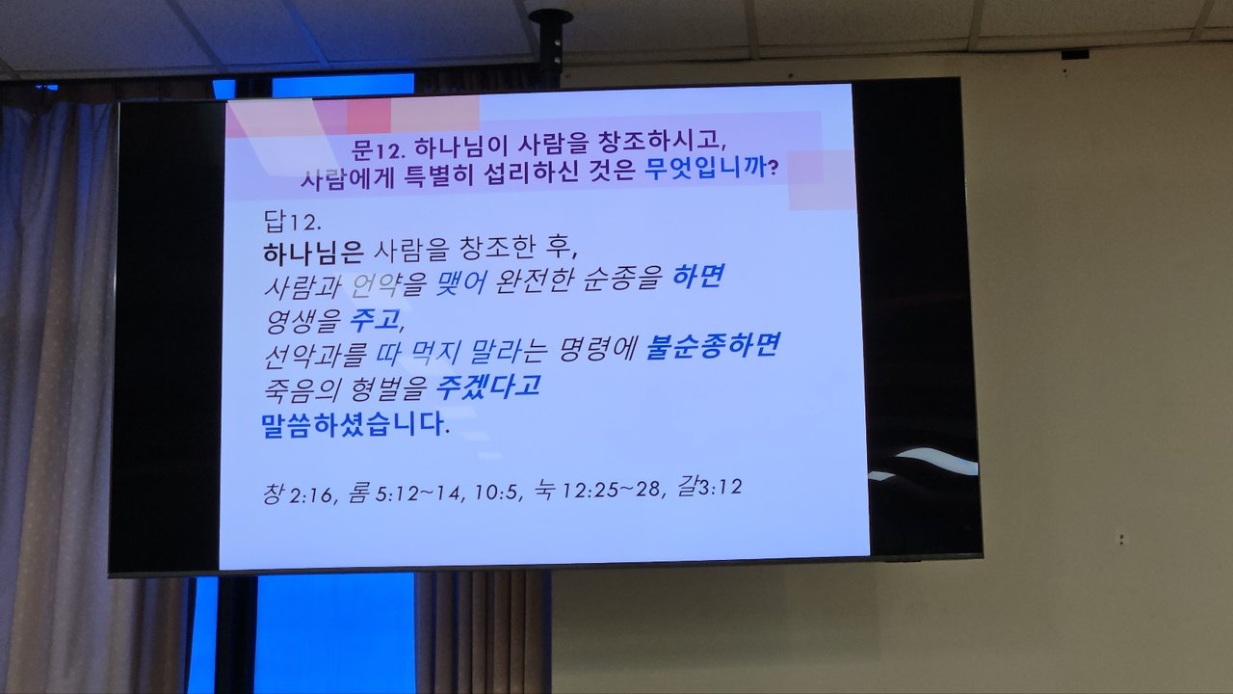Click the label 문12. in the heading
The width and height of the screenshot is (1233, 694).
(379, 147)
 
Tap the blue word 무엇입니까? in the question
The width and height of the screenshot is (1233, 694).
(712, 167)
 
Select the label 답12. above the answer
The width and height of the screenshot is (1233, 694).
(292, 222)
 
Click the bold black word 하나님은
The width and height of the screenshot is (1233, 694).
(313, 253)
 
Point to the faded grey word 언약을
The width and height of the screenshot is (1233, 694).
(388, 285)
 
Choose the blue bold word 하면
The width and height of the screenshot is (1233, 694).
(698, 277)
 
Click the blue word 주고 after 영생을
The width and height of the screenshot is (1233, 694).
(376, 319)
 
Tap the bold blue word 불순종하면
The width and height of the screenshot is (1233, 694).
(712, 346)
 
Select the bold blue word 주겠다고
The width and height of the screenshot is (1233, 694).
(487, 387)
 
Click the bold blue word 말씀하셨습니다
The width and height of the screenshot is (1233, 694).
(354, 424)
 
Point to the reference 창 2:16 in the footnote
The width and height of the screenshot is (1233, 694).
(299, 494)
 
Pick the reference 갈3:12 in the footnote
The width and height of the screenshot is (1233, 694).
(709, 486)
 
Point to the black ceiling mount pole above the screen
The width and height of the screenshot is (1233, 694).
(551, 49)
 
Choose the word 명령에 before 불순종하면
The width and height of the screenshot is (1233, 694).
(598, 349)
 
